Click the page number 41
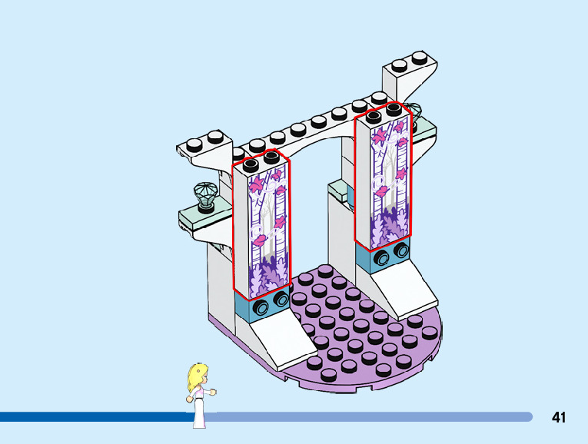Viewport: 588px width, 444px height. coord(559,417)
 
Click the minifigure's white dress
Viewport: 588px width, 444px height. coord(201,410)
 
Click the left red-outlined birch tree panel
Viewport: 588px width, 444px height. coord(263,230)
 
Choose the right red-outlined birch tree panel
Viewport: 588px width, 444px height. coord(383,181)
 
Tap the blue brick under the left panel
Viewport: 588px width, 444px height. coord(264,304)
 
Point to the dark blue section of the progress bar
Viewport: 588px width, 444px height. coord(92,417)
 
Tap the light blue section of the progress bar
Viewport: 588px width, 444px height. coord(369,417)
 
